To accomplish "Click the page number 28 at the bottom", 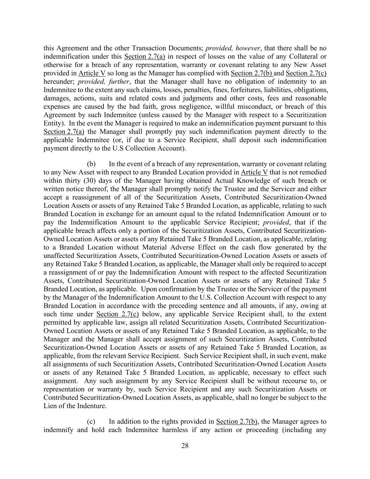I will point(185,446).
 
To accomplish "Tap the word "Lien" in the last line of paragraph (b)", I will point(50,406).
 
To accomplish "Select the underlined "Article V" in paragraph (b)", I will point(254,172).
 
